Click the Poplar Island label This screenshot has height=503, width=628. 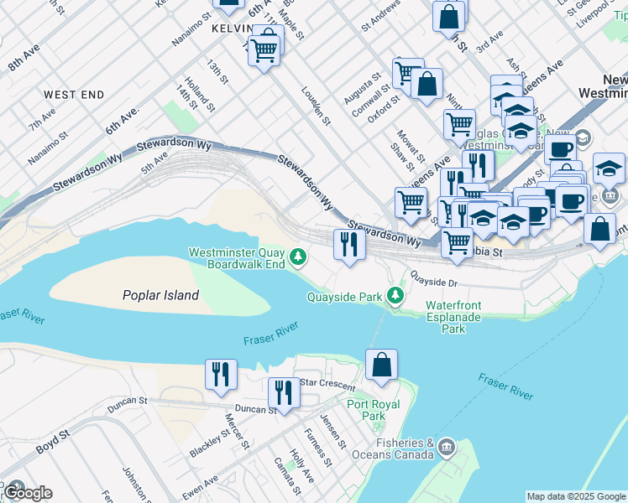(160, 295)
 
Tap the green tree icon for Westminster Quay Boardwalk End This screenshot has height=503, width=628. (296, 255)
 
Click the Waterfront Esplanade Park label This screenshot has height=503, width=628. (453, 318)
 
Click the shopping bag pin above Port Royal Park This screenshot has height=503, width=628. (381, 366)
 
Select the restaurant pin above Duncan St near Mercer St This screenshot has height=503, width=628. (221, 375)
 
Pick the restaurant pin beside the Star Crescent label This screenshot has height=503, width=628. (284, 393)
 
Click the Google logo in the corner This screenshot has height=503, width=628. (28, 493)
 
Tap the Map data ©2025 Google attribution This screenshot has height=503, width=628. (576, 496)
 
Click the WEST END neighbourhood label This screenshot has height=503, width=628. (74, 96)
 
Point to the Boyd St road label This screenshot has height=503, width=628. (52, 443)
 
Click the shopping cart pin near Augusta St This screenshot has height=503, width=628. (407, 72)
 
